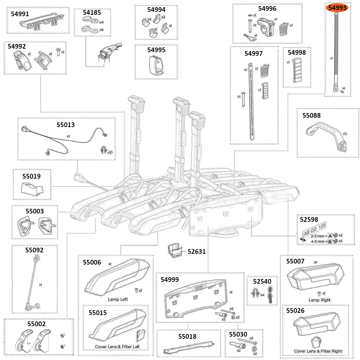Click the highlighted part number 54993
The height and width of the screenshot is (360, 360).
337,8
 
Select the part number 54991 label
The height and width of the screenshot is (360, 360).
21,14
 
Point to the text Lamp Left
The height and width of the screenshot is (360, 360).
118,299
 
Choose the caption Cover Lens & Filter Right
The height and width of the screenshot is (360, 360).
318,351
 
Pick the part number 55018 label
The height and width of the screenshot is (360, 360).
187,337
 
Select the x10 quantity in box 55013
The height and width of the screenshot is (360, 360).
110,152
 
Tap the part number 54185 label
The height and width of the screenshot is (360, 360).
92,12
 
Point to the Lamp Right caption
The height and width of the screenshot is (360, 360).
319,300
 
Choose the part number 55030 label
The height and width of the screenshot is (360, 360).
238,334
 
